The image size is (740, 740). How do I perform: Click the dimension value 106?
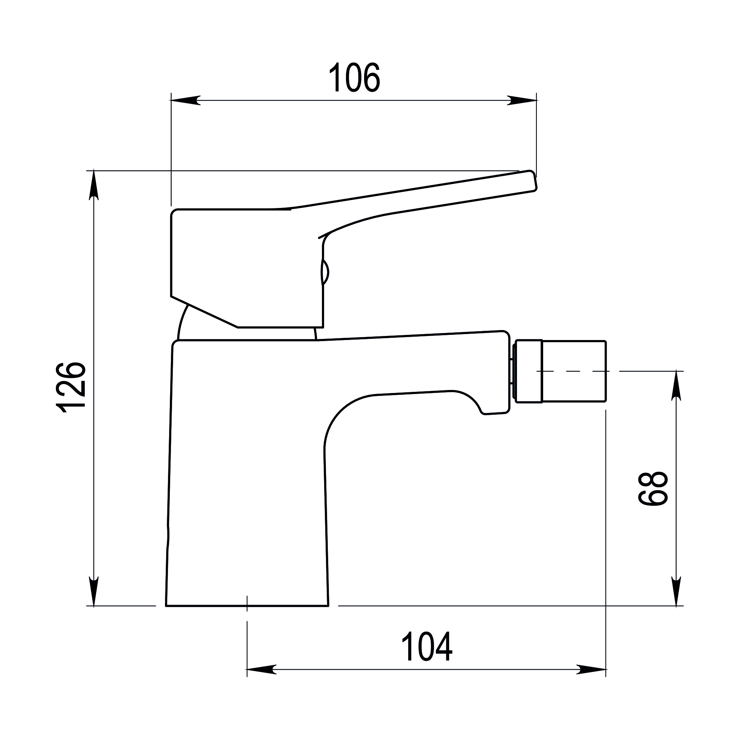tap(354, 77)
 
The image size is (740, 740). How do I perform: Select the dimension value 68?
tap(653, 488)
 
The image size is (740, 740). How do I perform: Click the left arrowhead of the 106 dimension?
tap(185, 100)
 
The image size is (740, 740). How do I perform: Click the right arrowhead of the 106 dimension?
tap(522, 100)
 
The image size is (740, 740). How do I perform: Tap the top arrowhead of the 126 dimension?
tap(94, 185)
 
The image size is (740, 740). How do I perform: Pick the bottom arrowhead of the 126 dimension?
tap(94, 591)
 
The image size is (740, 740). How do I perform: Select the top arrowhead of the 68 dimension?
tap(676, 386)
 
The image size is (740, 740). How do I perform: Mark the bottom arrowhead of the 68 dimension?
tap(676, 591)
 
